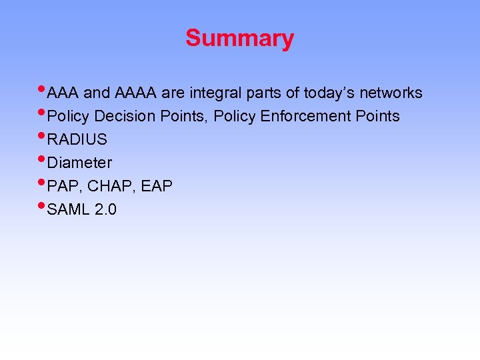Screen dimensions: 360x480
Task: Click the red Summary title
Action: (x=239, y=38)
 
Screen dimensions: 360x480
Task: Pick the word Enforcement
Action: (x=301, y=117)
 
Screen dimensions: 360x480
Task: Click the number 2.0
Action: (x=106, y=210)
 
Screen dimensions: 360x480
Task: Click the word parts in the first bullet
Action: (x=263, y=93)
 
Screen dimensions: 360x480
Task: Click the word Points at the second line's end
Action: (x=377, y=117)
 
